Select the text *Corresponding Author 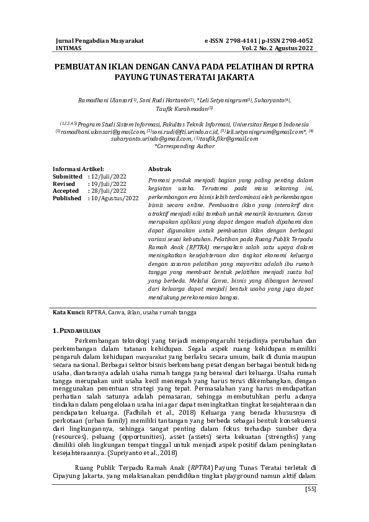tap(185, 146)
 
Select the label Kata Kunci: tap(69, 312)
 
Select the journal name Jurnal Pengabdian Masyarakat tap(99, 40)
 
